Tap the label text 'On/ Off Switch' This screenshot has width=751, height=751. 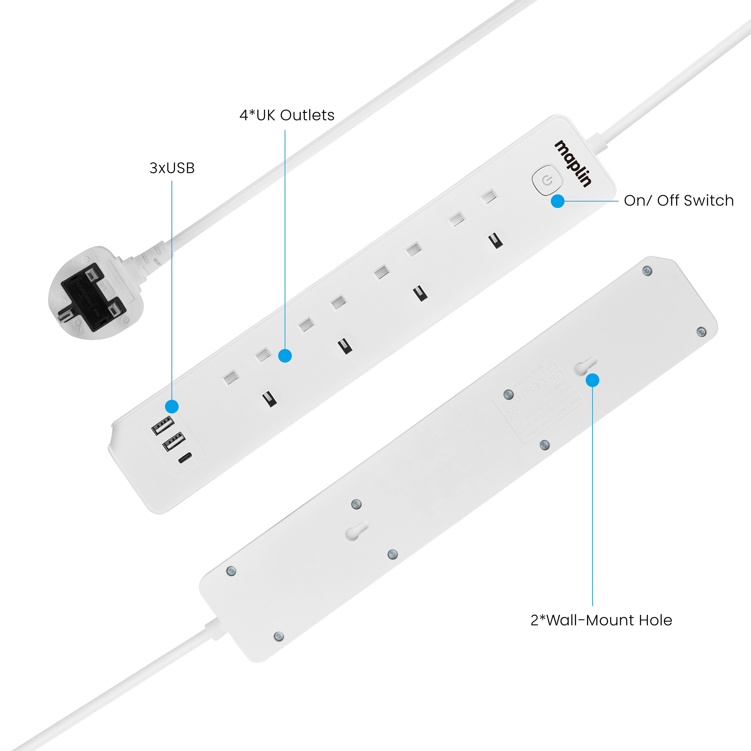(679, 201)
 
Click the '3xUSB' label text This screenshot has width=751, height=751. (172, 168)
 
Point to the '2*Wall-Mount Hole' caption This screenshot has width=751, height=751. (601, 620)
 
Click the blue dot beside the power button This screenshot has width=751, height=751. (558, 201)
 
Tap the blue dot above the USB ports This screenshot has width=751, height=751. (172, 407)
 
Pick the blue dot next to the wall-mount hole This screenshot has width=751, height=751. (592, 380)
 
